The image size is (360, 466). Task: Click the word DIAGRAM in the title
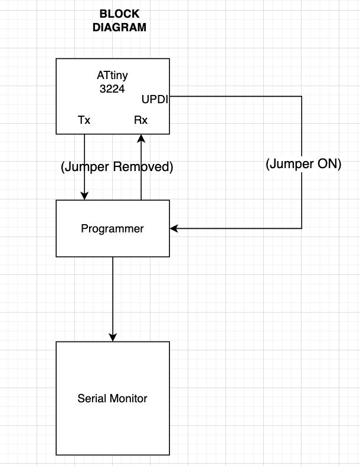120,27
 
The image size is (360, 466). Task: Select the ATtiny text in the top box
112,76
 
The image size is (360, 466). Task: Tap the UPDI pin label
155,99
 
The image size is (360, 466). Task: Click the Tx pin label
84,120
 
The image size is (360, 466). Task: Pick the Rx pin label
141,120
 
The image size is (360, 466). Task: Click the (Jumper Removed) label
117,167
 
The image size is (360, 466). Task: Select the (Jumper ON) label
303,165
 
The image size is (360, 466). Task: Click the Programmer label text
112,228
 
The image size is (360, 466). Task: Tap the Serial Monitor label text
112,398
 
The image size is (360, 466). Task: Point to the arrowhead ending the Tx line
84,196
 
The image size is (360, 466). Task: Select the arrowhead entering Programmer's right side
174,228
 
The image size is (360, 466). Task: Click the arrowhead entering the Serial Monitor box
112,337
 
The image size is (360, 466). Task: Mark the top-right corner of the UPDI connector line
302,96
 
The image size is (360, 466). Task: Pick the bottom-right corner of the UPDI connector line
302,228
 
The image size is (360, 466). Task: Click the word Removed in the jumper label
145,167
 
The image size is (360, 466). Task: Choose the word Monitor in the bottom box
128,398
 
